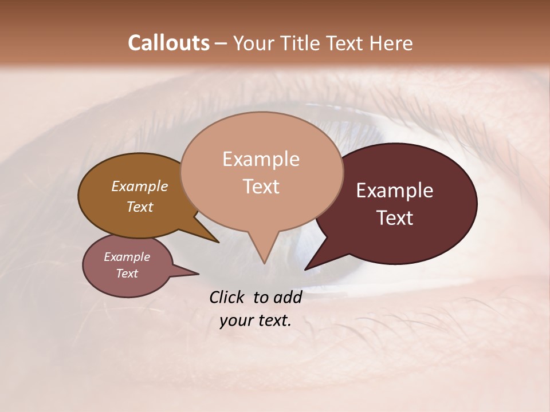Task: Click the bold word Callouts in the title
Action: point(168,43)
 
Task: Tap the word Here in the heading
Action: point(391,43)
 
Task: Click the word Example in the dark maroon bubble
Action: point(395,191)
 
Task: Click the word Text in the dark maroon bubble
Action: point(395,218)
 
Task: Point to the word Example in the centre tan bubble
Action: point(261,159)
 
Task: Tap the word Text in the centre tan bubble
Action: point(261,187)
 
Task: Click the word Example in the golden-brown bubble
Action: point(140,187)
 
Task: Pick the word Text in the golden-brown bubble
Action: point(140,207)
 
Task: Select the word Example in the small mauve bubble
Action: point(127,257)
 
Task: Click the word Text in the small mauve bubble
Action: point(127,274)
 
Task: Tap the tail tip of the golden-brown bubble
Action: point(219,242)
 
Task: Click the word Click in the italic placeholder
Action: point(227,297)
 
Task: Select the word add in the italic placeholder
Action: point(288,297)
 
